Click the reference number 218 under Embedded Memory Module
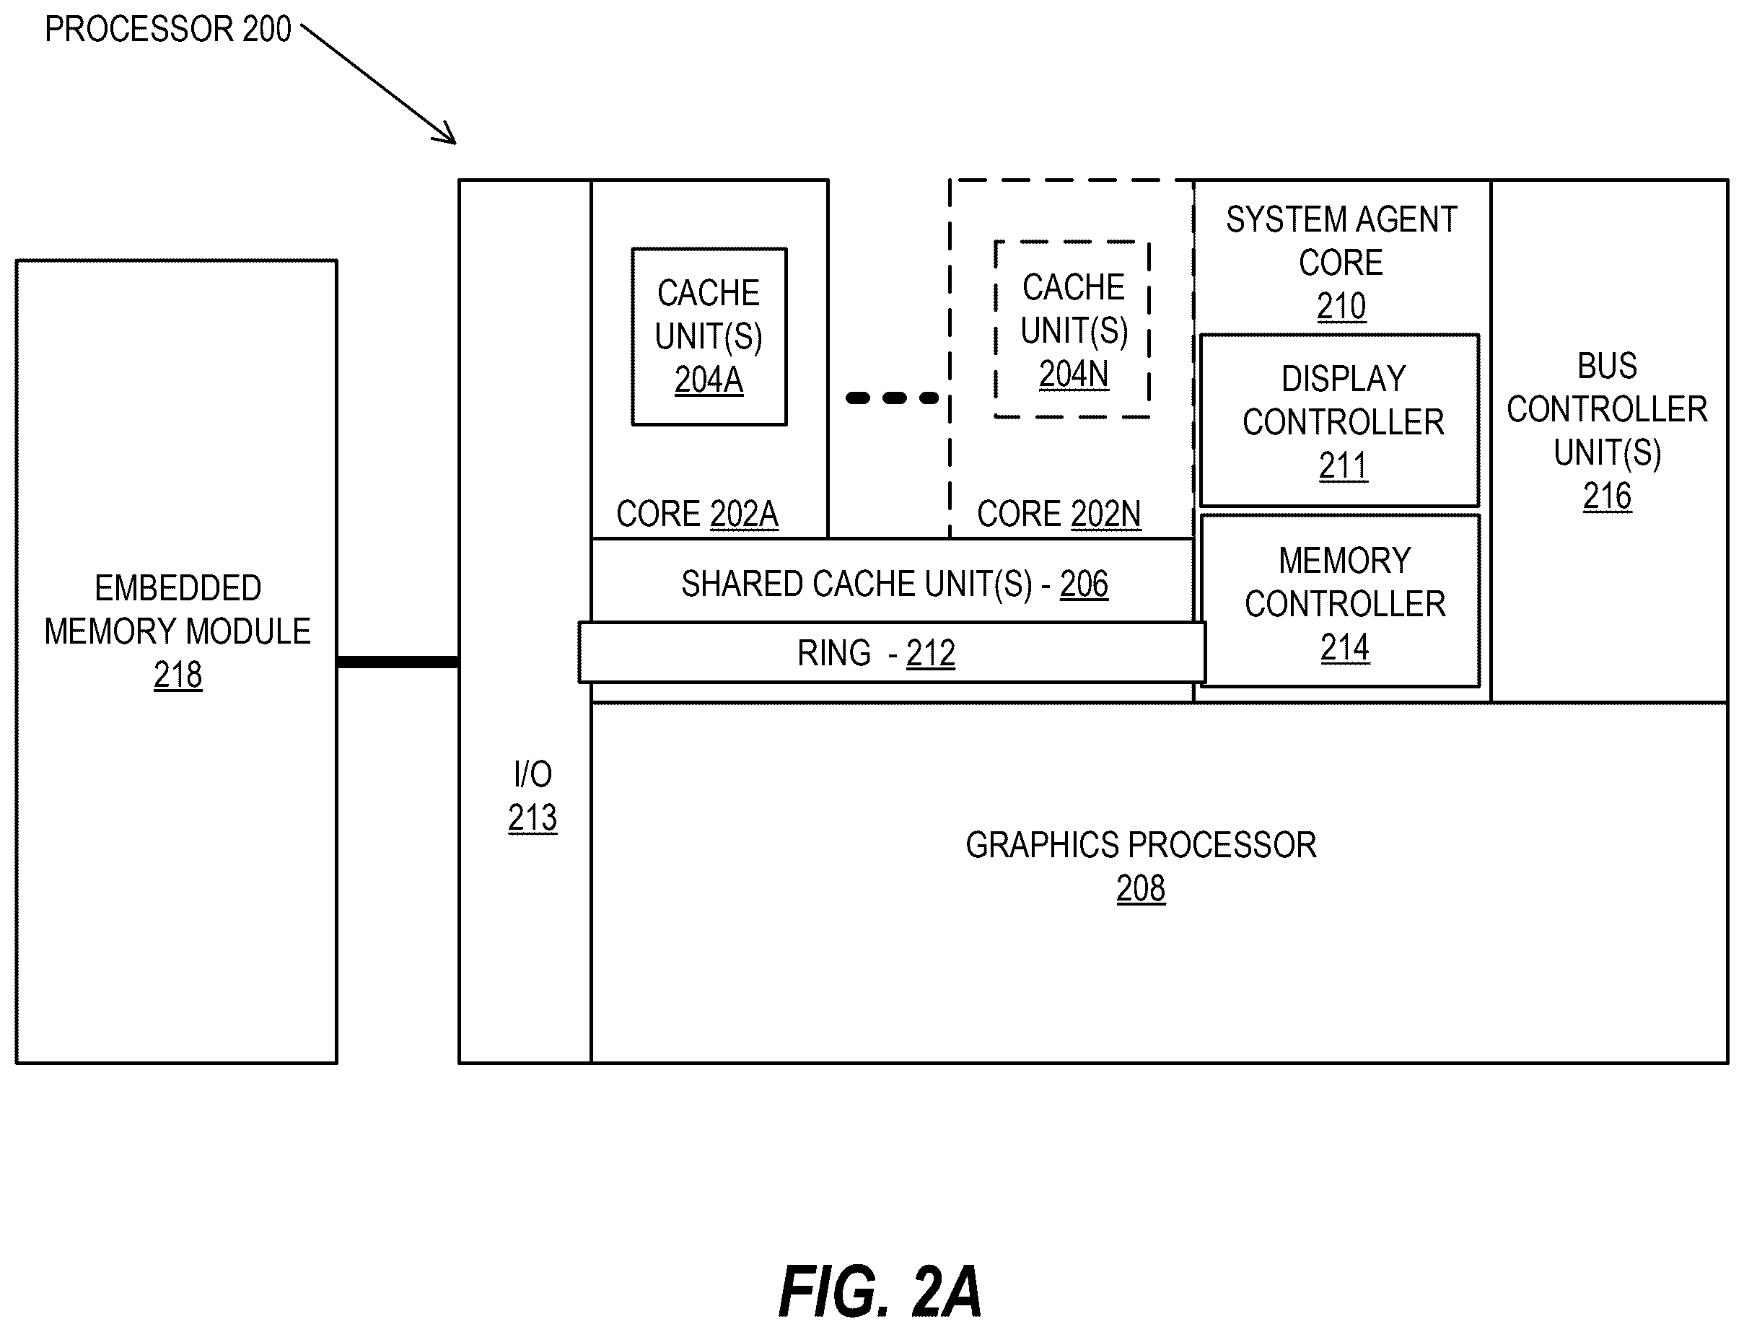click(x=178, y=675)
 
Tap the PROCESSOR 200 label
click(x=168, y=30)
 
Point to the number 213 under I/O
click(x=533, y=818)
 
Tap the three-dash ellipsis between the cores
click(x=892, y=398)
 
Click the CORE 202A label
click(x=697, y=514)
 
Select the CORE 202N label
click(x=1059, y=514)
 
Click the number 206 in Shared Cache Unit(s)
click(x=1084, y=584)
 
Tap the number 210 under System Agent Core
click(x=1341, y=306)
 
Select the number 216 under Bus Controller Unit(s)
click(x=1607, y=496)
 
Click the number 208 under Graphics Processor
click(x=1141, y=889)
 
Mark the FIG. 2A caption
click(x=880, y=1292)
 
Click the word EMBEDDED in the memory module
click(x=178, y=588)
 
